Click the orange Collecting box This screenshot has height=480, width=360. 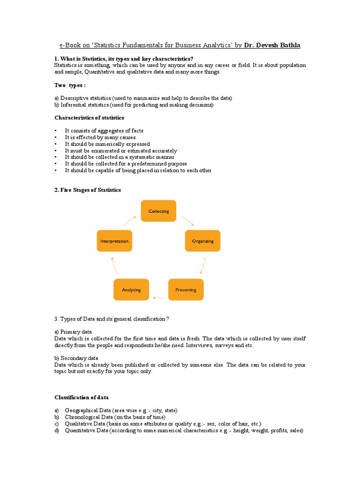(158, 211)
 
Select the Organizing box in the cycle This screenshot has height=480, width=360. (202, 241)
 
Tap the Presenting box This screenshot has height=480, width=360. (186, 290)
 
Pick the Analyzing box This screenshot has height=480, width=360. (131, 290)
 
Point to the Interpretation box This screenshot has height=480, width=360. (114, 241)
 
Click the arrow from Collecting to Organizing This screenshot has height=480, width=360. (187, 220)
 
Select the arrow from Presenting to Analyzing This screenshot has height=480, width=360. (159, 298)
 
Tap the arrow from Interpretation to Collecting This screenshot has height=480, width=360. (130, 221)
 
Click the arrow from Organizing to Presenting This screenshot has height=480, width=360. (202, 265)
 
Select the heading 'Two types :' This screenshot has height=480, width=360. (70, 85)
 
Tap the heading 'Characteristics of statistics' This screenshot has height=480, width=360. (90, 118)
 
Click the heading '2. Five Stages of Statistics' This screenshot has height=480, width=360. (88, 190)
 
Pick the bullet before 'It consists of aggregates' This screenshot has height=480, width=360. (55, 131)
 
